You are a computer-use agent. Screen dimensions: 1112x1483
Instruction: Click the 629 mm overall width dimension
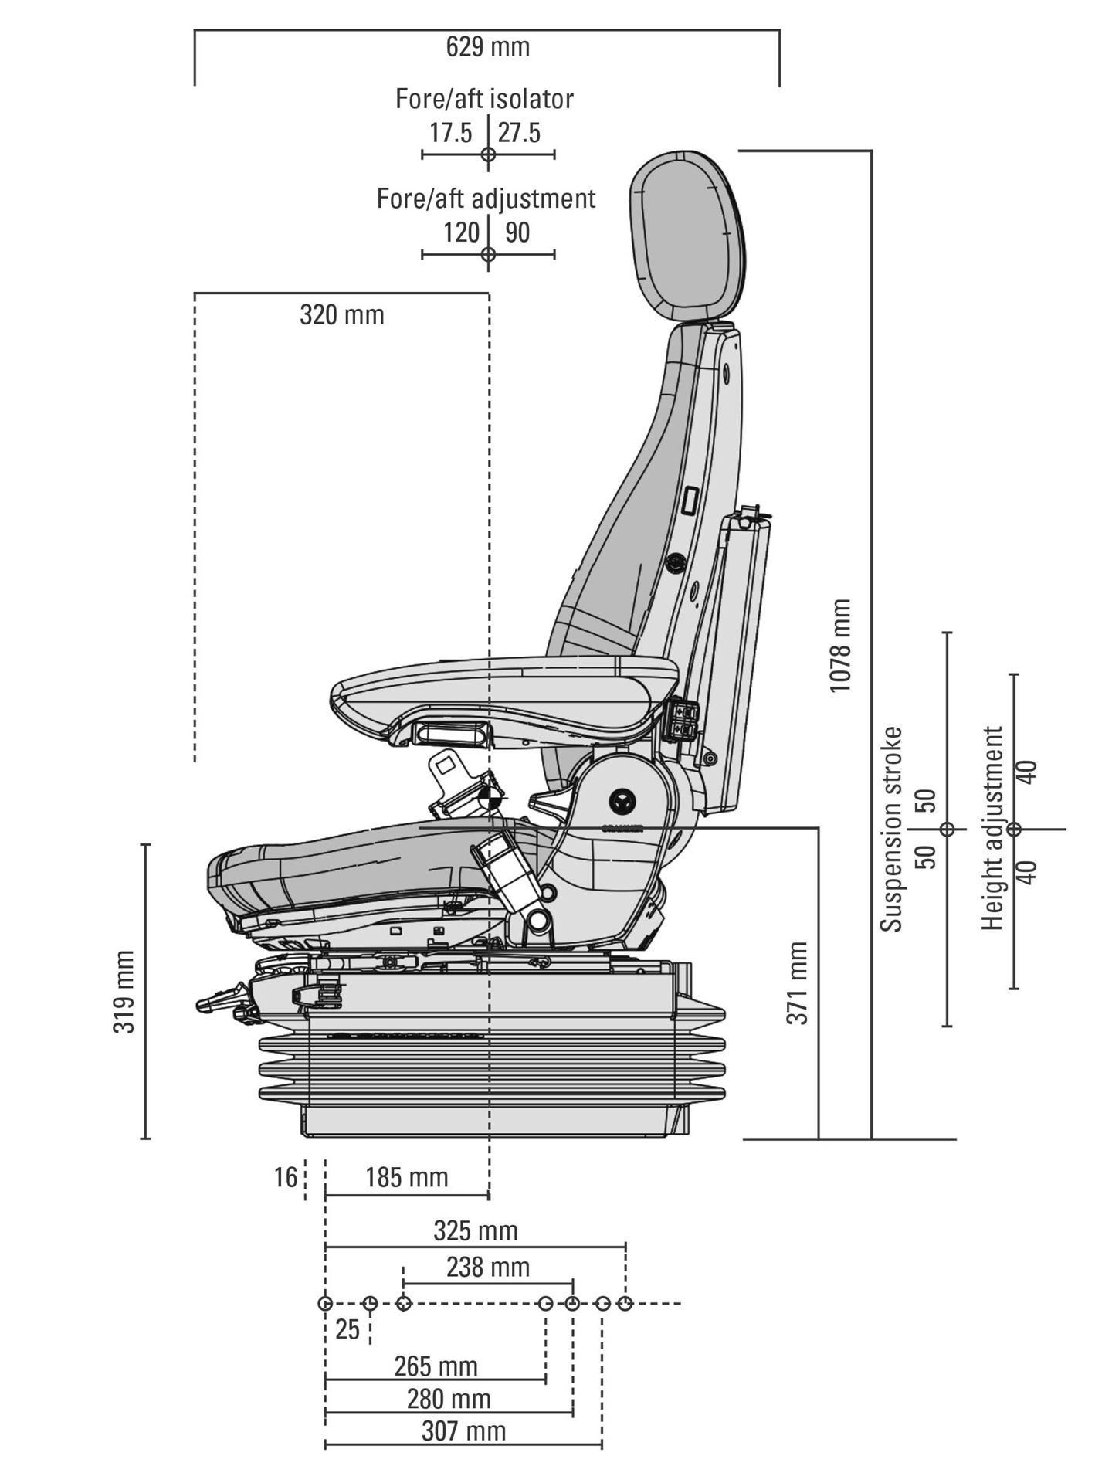point(488,46)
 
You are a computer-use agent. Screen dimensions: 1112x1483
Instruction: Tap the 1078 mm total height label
point(839,646)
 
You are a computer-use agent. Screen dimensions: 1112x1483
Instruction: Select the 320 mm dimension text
point(342,315)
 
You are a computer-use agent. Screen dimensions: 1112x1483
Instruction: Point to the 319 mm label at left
point(124,991)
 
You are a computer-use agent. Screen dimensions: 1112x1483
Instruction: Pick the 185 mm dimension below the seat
point(407,1177)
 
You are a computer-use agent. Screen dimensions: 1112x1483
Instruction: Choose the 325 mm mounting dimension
point(476,1230)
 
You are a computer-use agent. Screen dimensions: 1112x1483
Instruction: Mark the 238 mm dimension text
point(488,1268)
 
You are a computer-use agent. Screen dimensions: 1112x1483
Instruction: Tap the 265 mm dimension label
point(436,1366)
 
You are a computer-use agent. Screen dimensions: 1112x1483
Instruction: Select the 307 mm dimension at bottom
point(464,1431)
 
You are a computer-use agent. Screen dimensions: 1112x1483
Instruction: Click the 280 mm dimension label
point(449,1399)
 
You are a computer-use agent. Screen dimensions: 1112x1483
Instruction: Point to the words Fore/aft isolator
point(485,99)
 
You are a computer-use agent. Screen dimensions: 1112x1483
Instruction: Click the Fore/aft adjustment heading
point(486,199)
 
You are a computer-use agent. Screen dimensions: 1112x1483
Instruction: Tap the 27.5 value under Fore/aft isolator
point(519,133)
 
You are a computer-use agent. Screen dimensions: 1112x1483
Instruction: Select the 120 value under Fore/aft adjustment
point(462,232)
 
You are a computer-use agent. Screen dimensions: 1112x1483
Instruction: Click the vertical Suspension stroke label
point(893,829)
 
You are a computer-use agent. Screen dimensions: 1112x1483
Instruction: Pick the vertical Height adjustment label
point(993,828)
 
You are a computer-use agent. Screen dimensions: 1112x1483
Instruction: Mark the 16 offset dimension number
point(286,1177)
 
